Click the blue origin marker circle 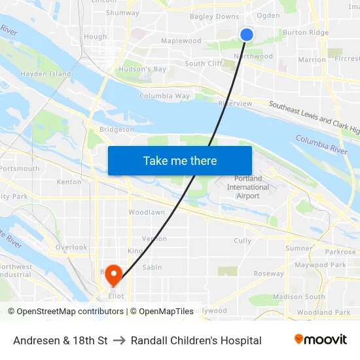point(247,35)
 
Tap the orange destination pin point(114,274)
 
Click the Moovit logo point(321,340)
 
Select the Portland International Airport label point(247,187)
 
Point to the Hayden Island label point(45,74)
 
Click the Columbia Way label point(164,96)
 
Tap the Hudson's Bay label point(143,69)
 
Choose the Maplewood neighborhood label point(181,41)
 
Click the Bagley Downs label point(214,16)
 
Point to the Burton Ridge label point(306,32)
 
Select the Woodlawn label point(147,213)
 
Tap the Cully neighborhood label point(242,241)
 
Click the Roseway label point(268,274)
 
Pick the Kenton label point(69,182)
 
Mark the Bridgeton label point(117,130)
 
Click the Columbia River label point(321,144)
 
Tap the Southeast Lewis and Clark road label point(314,117)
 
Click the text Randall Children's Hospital point(196,340)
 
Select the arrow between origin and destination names point(119,340)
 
